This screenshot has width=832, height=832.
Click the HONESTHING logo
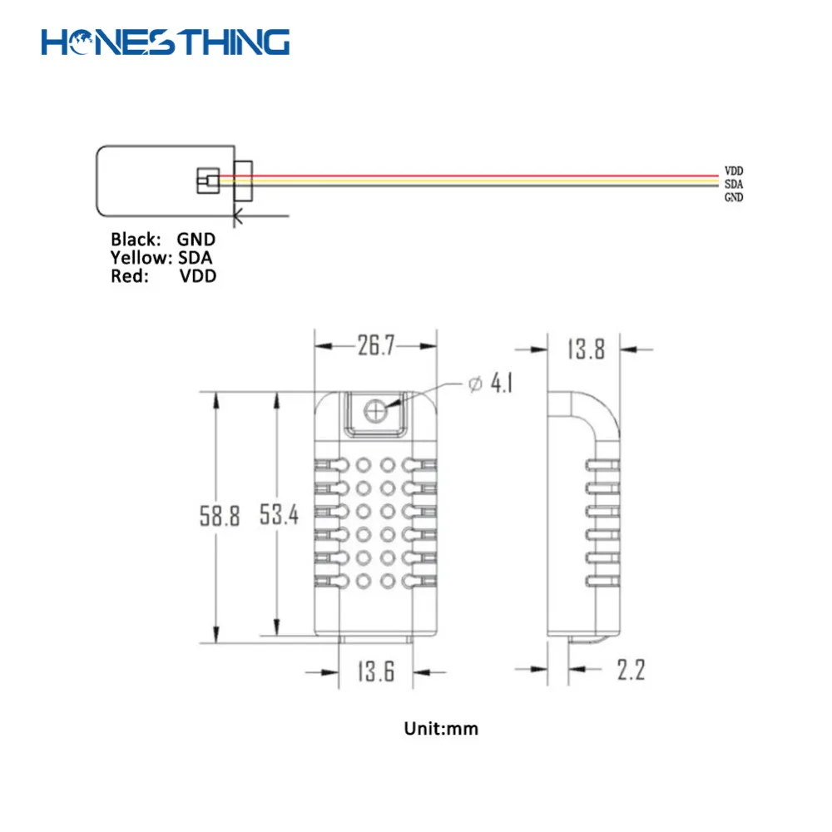[166, 42]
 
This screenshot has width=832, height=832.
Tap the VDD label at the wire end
[733, 170]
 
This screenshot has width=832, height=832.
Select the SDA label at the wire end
[733, 183]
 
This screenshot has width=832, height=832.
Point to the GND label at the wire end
[733, 197]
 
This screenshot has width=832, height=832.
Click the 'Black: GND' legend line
[163, 240]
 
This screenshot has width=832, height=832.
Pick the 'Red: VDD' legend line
[163, 276]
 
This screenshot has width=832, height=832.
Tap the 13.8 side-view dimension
[586, 349]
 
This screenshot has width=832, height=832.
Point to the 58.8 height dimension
[219, 517]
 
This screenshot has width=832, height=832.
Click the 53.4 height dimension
[279, 516]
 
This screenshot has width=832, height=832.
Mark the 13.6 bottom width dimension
[376, 671]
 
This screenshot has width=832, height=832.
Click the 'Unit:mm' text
[441, 729]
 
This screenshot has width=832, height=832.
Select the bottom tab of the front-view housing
[376, 637]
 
